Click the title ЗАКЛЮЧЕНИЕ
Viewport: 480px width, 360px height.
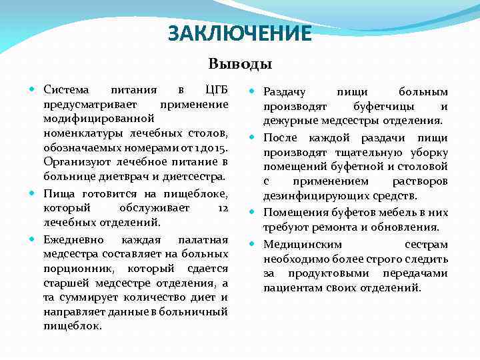pyautogui.click(x=240, y=33)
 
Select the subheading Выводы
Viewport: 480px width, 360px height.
pyautogui.click(x=240, y=65)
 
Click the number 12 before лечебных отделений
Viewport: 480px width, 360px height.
pyautogui.click(x=223, y=209)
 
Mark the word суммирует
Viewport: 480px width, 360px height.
pyautogui.click(x=94, y=298)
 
